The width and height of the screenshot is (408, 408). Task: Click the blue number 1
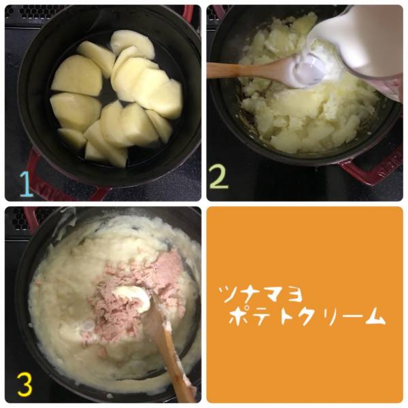(26, 184)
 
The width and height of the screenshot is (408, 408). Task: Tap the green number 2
(219, 175)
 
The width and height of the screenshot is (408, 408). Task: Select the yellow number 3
(25, 384)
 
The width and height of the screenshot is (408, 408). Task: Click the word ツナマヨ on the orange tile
(260, 294)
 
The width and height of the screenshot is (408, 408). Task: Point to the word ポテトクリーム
(307, 316)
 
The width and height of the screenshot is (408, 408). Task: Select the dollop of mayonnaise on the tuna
(133, 299)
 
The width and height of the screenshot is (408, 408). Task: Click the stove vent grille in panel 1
(37, 12)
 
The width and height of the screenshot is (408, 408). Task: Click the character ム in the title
(376, 316)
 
